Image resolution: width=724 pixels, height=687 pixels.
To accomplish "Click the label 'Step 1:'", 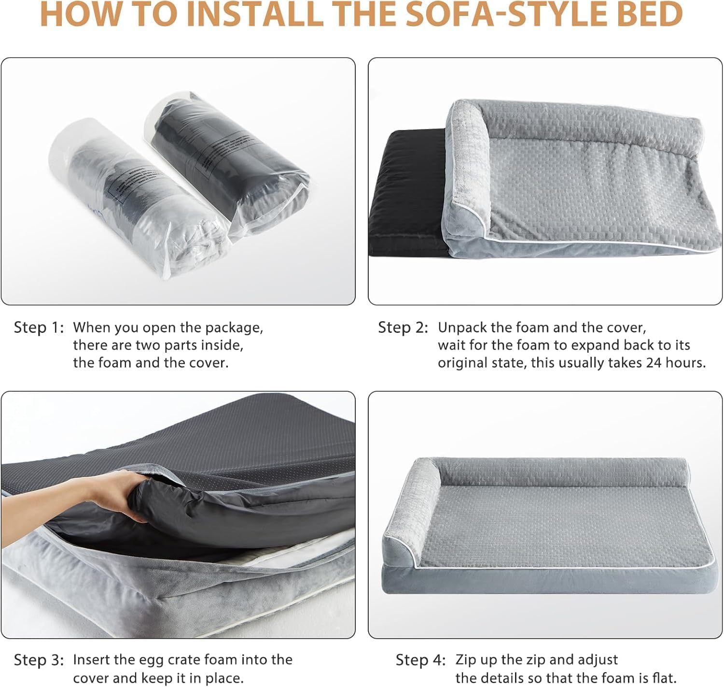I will point(39,328).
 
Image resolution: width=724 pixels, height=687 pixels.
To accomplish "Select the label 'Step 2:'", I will point(403,328).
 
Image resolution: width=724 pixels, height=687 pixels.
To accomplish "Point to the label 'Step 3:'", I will point(39,660).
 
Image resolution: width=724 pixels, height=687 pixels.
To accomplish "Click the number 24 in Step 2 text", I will point(654,362).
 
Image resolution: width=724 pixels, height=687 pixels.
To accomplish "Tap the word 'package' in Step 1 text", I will point(234,328).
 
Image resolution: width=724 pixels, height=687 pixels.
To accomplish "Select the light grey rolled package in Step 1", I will point(130,193).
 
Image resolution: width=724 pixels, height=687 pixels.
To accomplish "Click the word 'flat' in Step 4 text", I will point(664,678).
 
